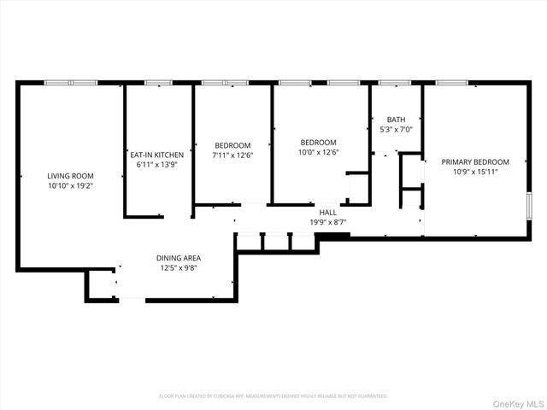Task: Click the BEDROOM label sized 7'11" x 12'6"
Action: [232, 145]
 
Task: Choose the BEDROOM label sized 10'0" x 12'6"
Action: [318, 143]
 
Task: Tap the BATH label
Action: [396, 120]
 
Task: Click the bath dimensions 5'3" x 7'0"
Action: [396, 129]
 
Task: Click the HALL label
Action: [328, 213]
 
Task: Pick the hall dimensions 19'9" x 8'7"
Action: [328, 222]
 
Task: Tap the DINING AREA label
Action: [179, 257]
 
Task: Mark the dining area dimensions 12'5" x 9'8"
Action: [179, 266]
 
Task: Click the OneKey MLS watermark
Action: [515, 398]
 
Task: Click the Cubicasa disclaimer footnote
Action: [273, 396]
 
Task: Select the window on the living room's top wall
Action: [71, 82]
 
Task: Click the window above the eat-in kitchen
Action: [158, 82]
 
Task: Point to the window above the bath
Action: [394, 82]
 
